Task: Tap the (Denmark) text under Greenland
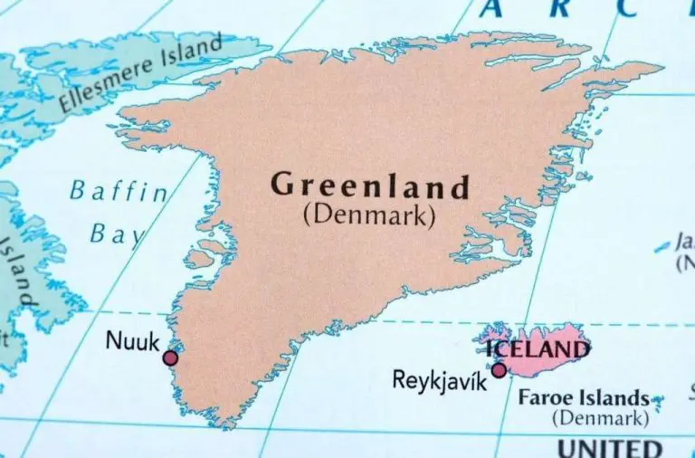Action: [x=370, y=216]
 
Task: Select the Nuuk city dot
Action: [x=170, y=358]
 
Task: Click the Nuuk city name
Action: [x=133, y=340]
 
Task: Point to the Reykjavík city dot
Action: [x=498, y=369]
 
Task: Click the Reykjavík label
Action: [x=439, y=380]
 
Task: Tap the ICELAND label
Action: [x=538, y=348]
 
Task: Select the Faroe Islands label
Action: [x=583, y=397]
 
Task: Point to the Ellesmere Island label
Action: [x=141, y=74]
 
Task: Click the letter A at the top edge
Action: [x=491, y=9]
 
